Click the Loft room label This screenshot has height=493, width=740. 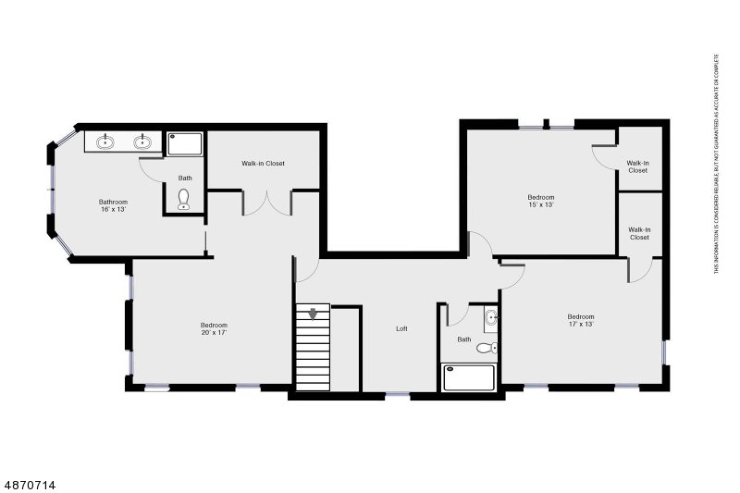pos(401,328)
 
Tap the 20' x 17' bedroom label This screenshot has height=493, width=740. pos(214,328)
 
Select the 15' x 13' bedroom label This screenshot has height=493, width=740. pos(541,201)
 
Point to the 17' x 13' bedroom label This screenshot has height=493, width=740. pos(581,320)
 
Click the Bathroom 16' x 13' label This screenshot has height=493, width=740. pos(113,205)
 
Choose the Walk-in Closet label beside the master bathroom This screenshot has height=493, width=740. pos(264,164)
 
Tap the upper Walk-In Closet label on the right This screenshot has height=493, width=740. pos(638,166)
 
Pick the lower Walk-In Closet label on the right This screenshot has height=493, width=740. pos(638,233)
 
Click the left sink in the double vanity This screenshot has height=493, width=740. pos(106,142)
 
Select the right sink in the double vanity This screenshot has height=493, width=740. pos(142,142)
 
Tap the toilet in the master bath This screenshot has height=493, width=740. pos(184,199)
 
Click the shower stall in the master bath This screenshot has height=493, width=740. pos(185,143)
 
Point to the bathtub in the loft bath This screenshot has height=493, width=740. pos(470,378)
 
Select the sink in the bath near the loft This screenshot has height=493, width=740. pos(491,320)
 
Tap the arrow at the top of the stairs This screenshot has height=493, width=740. pos(313,313)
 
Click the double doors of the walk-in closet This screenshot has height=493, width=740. pos(266,202)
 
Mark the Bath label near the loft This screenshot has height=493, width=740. pos(463,339)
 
